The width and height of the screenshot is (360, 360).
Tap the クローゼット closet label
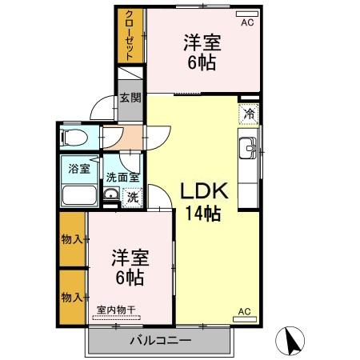pyautogui.click(x=130, y=35)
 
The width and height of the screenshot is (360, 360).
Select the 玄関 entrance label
pyautogui.click(x=130, y=98)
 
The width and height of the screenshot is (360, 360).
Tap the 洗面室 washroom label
pyautogui.click(x=123, y=177)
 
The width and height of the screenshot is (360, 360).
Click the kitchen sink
pyautogui.click(x=248, y=148)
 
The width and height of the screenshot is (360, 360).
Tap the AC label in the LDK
pyautogui.click(x=244, y=311)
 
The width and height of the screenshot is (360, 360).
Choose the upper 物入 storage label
pyautogui.click(x=72, y=239)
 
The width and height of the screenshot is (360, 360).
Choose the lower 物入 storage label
pyautogui.click(x=72, y=297)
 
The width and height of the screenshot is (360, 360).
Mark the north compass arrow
pyautogui.click(x=292, y=342)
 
